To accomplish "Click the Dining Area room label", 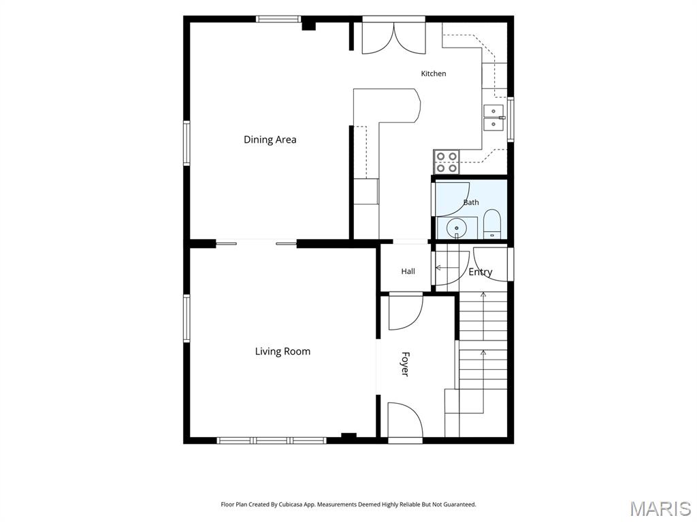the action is coord(270,139).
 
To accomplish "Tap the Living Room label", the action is coord(282,351).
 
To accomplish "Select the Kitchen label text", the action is coord(434,73).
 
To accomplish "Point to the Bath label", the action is coord(471,203).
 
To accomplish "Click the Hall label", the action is coord(408,271).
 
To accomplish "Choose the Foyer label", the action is coord(405,364).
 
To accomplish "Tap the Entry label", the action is coord(481,272).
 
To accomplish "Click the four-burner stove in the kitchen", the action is coord(447,162).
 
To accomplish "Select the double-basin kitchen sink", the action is coord(494,118).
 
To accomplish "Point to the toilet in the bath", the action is coord(492,224).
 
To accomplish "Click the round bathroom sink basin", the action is coord(457,228).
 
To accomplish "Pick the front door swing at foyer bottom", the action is coord(405,420).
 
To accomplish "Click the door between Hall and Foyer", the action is coord(406,311).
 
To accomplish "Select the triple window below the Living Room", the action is coord(272,440).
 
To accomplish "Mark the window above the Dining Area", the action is coord(278,19).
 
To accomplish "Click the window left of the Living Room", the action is coord(187,319).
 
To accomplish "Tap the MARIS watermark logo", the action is coord(660,508).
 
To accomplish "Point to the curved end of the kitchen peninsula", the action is coord(417,105).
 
